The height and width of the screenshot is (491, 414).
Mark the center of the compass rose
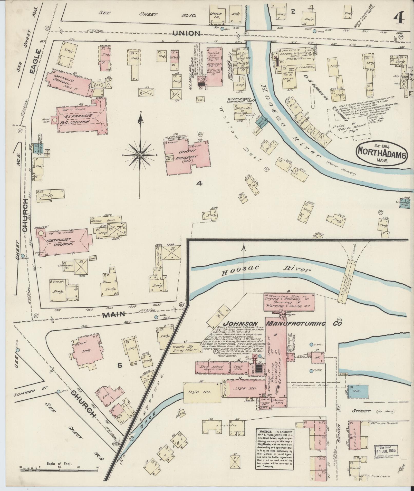(x=140, y=156)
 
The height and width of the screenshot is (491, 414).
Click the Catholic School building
(x=68, y=81)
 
